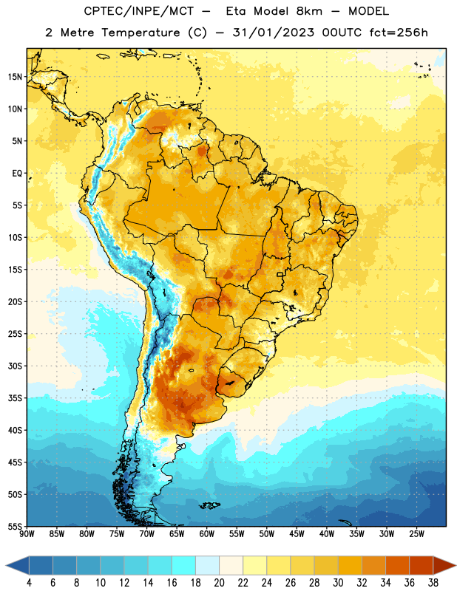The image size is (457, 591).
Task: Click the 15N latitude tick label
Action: (x=15, y=77)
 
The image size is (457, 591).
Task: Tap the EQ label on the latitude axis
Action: (x=17, y=174)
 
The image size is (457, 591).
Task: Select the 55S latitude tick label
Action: (x=15, y=526)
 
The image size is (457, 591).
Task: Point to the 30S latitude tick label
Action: (x=15, y=366)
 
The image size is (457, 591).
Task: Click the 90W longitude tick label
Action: (x=27, y=534)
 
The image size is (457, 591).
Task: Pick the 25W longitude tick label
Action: (x=416, y=534)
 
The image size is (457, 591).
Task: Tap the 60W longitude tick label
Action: (x=207, y=534)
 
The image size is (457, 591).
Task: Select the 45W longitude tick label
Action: (x=297, y=534)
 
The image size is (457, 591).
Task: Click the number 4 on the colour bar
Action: (x=29, y=583)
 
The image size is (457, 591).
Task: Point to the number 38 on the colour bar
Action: (x=433, y=583)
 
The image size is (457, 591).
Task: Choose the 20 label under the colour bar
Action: (x=219, y=583)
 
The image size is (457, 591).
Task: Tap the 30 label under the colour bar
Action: (x=338, y=583)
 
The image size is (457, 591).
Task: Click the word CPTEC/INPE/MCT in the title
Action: (x=139, y=11)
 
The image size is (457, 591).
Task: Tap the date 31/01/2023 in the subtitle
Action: (x=273, y=33)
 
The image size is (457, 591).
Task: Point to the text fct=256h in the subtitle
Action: (x=399, y=33)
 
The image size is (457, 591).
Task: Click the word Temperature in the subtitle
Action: (x=141, y=33)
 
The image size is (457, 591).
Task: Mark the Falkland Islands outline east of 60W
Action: (x=209, y=505)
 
